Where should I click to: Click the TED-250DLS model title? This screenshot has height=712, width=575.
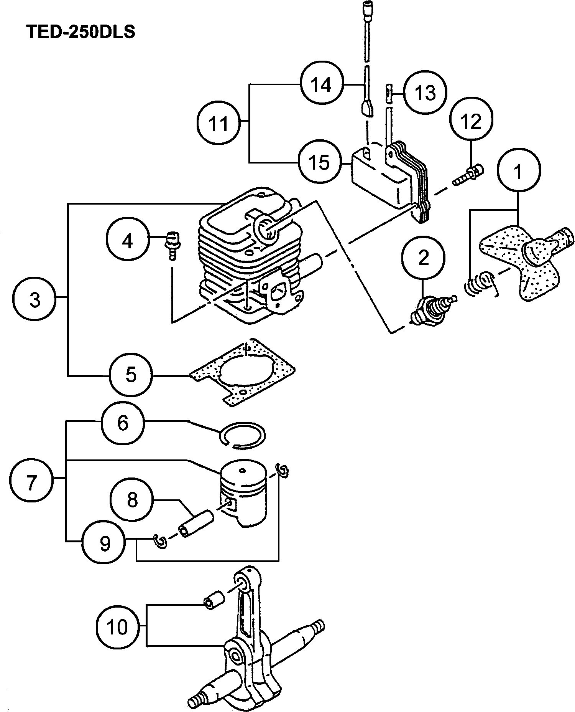coord(81,32)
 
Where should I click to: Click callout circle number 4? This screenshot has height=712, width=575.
coord(128,241)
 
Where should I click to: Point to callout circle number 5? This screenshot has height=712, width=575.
coord(131,375)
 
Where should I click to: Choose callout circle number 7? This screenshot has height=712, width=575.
coord(31,482)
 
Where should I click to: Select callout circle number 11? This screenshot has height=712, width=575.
coord(219,123)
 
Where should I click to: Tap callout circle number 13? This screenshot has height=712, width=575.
coord(426,93)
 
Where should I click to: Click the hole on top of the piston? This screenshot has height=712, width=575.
coord(242,471)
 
